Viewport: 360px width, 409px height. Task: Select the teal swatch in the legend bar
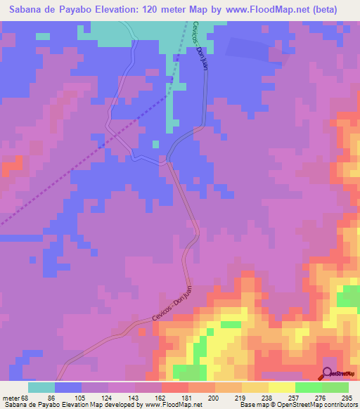pos(41,387)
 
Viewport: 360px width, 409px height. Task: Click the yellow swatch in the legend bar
pos(282,387)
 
